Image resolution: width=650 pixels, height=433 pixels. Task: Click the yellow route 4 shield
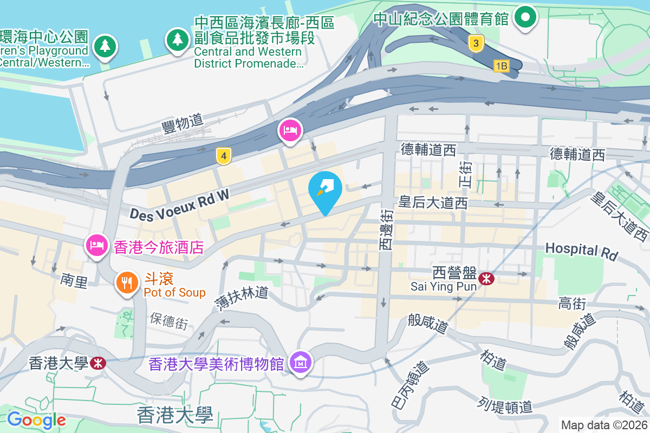(223, 156)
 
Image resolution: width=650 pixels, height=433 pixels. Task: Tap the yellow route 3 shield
(476, 44)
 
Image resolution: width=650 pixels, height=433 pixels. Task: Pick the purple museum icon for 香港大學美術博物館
(300, 362)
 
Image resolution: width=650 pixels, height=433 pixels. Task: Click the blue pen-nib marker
(325, 189)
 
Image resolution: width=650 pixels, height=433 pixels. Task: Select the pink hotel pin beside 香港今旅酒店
(96, 245)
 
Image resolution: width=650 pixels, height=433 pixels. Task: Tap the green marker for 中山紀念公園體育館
(524, 17)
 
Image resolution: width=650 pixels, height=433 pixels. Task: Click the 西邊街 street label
(386, 230)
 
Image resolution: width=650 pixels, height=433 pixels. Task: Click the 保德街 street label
(168, 321)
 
